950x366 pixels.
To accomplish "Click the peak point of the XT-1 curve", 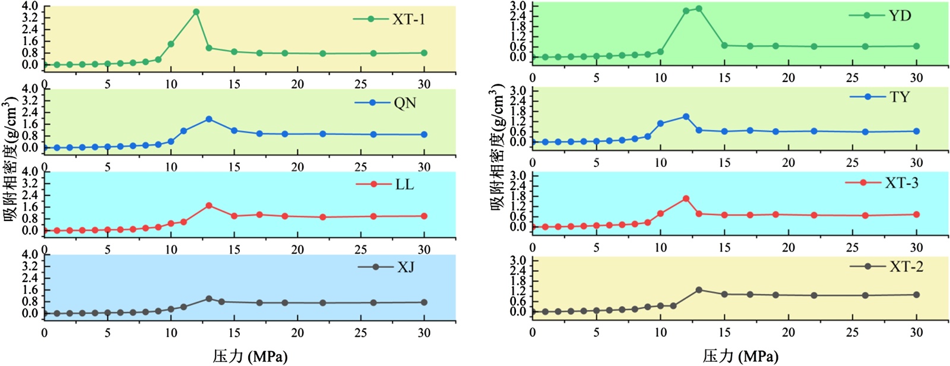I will click(196, 12).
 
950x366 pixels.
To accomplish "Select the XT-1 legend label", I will click(408, 20).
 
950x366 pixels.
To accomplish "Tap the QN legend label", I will click(405, 103).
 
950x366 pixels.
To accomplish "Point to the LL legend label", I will click(404, 184).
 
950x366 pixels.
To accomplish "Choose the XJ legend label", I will click(406, 267).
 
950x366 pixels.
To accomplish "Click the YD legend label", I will click(900, 15).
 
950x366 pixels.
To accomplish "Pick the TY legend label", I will click(900, 97).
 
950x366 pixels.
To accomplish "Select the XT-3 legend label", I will click(901, 183).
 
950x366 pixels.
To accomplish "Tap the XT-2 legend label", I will click(906, 267).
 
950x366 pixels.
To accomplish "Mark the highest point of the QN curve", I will click(209, 119).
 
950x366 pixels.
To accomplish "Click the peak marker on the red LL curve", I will click(209, 206).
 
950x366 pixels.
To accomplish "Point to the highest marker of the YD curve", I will click(699, 8).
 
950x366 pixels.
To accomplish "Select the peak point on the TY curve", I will click(686, 116).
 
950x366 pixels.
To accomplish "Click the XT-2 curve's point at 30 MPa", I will click(916, 295).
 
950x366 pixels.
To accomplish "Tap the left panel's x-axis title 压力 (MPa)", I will click(250, 356).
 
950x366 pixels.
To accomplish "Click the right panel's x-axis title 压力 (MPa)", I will click(740, 356).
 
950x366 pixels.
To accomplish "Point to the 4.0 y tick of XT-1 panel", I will click(30, 7).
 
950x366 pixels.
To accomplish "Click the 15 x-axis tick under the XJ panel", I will click(234, 333).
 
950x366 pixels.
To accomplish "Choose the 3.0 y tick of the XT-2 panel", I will click(518, 261).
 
